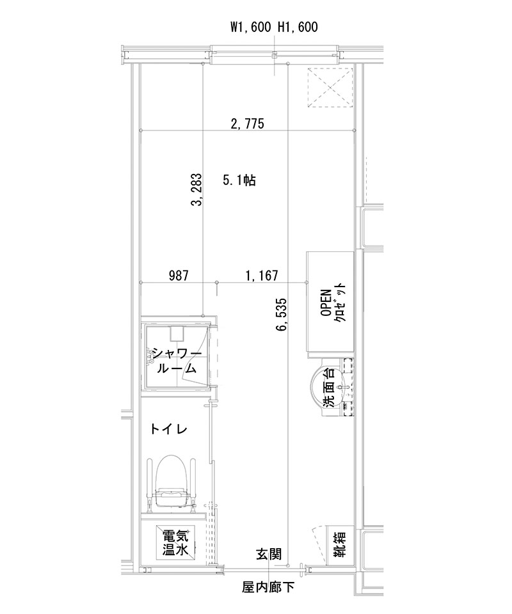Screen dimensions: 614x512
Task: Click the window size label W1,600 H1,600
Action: (x=274, y=27)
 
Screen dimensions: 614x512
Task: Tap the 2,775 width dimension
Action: (x=246, y=124)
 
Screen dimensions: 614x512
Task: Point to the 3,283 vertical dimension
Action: (x=196, y=190)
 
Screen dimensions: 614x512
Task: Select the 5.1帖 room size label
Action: (x=239, y=181)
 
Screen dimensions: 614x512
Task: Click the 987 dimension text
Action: (x=179, y=276)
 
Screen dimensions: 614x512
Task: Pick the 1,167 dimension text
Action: (x=261, y=276)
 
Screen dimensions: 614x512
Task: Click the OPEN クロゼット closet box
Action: (x=331, y=302)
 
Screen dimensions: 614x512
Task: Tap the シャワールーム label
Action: (x=176, y=361)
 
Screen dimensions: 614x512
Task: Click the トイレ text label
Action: (x=169, y=429)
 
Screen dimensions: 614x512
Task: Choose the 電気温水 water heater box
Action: (x=175, y=542)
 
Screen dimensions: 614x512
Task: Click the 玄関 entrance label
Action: (x=269, y=554)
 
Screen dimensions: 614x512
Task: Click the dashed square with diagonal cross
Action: (x=330, y=89)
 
